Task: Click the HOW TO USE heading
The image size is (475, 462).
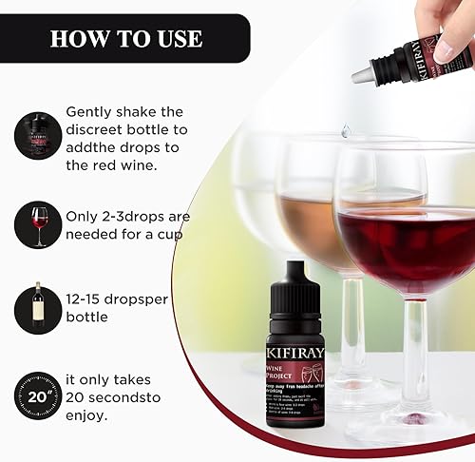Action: (126, 38)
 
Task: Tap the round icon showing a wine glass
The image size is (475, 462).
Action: (38, 224)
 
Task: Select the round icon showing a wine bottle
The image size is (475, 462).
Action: (38, 311)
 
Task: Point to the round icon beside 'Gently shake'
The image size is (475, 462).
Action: (38, 135)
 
